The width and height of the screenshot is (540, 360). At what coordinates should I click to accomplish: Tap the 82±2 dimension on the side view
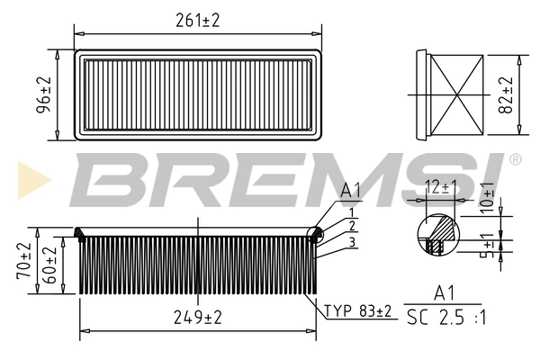click(505, 94)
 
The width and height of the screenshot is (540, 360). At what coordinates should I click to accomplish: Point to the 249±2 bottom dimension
click(198, 316)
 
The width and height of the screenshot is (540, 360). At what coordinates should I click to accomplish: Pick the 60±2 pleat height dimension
click(50, 266)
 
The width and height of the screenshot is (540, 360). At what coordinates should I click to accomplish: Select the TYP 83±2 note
click(358, 310)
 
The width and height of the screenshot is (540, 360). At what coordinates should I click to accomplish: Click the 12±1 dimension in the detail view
click(441, 186)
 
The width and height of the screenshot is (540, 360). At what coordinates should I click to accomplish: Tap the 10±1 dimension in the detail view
click(487, 195)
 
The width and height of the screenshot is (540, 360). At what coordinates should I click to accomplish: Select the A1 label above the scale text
click(443, 292)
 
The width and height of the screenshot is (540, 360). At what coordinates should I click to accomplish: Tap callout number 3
click(353, 241)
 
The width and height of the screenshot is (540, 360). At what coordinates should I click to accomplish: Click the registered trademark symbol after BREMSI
click(514, 158)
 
